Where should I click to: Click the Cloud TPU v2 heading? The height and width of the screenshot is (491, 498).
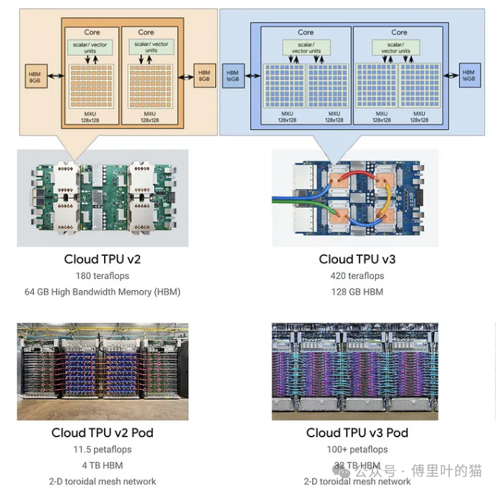(x=103, y=259)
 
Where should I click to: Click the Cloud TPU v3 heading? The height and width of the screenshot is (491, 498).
(x=357, y=259)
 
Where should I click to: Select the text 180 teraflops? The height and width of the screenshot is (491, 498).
(x=103, y=276)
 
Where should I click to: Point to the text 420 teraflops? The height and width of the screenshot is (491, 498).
(x=357, y=276)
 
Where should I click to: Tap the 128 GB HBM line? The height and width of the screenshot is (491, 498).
(x=357, y=292)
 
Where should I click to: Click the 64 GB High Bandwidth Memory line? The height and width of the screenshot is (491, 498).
(x=103, y=292)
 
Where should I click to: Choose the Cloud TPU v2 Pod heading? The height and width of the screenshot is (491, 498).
(x=103, y=433)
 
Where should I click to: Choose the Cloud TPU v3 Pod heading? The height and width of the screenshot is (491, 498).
(x=357, y=433)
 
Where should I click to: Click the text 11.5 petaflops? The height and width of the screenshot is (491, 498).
(x=103, y=449)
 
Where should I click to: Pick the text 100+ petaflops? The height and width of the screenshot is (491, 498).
(x=357, y=449)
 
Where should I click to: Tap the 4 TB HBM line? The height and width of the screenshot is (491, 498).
(x=103, y=465)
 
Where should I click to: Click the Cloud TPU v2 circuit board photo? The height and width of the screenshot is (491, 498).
(x=103, y=197)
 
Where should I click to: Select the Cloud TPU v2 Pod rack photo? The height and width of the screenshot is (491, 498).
(x=103, y=371)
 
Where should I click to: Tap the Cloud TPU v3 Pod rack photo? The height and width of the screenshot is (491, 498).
(x=354, y=371)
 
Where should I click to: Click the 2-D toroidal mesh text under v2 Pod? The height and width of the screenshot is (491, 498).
(x=103, y=481)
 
